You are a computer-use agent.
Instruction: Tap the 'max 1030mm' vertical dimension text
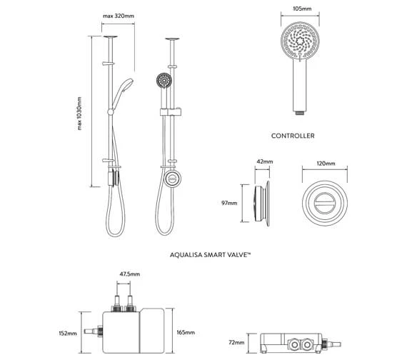pos(80,114)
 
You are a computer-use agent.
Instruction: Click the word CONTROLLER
pos(293,135)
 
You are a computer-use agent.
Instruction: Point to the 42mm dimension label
pos(263,162)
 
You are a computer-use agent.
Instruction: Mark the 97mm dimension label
pos(229,203)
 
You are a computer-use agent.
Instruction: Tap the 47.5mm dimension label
pos(130,274)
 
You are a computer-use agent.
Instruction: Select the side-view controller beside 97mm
pos(261,203)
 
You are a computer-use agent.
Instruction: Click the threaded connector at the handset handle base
pos(300,111)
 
